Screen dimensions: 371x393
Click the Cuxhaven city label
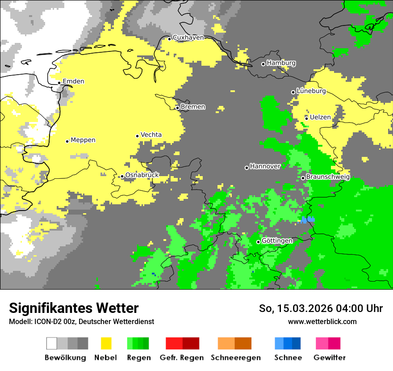pos(188,38)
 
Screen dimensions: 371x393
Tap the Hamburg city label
pos(281,63)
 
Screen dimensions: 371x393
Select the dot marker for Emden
pos(59,83)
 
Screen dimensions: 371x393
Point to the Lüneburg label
pos(311,91)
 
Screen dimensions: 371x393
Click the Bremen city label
pos(193,107)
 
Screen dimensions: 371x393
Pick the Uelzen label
pos(320,117)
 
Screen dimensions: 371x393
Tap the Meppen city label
pos(83,140)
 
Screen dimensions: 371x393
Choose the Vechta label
pos(151,135)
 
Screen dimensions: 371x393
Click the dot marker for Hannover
pos(247,168)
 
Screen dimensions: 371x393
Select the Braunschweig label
pos(328,177)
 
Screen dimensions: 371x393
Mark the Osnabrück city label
pos(142,175)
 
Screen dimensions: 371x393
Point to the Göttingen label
pos(277,241)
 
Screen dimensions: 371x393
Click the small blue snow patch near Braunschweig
pos(307,219)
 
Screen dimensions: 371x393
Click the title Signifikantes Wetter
pos(74,308)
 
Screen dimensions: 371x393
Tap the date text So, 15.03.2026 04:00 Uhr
pos(321,308)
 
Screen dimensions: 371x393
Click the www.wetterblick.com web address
pos(322,321)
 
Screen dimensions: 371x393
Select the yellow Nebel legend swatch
pos(106,343)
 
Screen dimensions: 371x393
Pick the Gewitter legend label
pos(329,358)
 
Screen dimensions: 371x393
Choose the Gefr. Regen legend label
pos(181,358)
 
